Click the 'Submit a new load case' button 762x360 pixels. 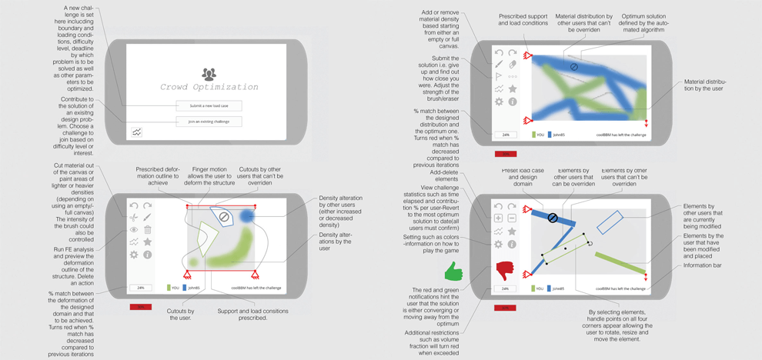click(x=209, y=105)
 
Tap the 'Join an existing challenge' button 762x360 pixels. click(x=209, y=122)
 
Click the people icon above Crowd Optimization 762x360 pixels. click(x=209, y=74)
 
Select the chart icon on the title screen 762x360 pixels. click(x=137, y=132)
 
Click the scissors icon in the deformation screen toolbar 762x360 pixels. click(x=134, y=218)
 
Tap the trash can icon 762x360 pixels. click(x=148, y=230)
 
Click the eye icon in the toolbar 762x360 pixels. click(x=134, y=230)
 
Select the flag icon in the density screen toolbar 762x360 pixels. click(x=499, y=77)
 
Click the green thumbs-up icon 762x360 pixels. click(x=454, y=271)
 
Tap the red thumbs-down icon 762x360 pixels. click(x=505, y=271)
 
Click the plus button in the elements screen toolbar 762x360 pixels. click(x=499, y=218)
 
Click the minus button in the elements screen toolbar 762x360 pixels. click(x=512, y=218)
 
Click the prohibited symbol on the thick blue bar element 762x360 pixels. click(x=552, y=218)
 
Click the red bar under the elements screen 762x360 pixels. click(x=505, y=307)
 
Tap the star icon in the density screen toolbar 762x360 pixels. click(x=512, y=89)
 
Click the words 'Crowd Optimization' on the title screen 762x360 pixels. click(x=209, y=88)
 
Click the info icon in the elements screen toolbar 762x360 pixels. click(x=512, y=245)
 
